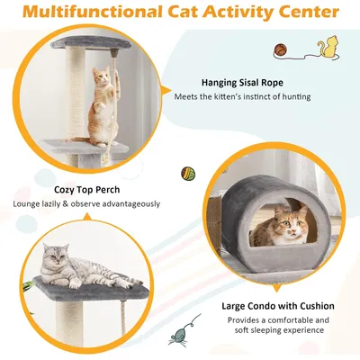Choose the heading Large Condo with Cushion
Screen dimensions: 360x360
[x=278, y=306]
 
